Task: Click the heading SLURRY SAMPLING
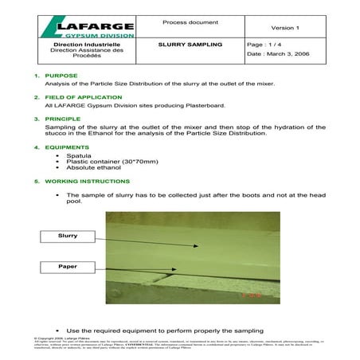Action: coord(190,46)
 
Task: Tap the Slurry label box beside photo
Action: coord(68,236)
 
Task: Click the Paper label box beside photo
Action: coord(68,266)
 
